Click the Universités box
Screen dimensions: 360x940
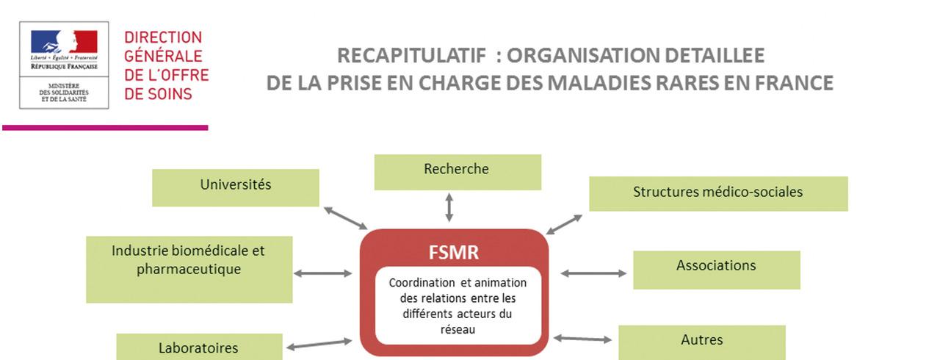coord(235,187)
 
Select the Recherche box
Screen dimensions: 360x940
coord(457,172)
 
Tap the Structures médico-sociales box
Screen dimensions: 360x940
coord(717,193)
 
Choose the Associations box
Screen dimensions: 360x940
coord(716,269)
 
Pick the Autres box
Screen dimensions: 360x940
coord(701,342)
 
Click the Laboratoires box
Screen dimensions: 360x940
coord(199,348)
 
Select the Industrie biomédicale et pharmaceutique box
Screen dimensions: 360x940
coord(189,269)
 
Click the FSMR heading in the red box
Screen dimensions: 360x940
coord(454,253)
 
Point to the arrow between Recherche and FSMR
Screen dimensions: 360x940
coord(449,208)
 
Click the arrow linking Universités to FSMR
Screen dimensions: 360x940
coord(345,217)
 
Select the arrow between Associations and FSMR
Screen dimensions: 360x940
coord(593,273)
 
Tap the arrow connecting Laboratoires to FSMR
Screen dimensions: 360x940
coord(319,344)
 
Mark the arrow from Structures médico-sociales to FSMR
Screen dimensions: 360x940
coord(564,224)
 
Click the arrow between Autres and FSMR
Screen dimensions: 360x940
coord(582,339)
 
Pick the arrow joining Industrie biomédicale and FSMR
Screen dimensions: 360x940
coord(323,273)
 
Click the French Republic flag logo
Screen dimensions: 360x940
coord(64,42)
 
